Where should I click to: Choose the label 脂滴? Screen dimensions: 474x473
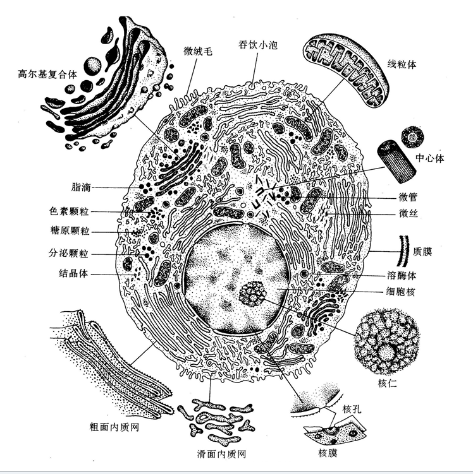(x=82, y=187)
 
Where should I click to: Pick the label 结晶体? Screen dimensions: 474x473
(x=73, y=273)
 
